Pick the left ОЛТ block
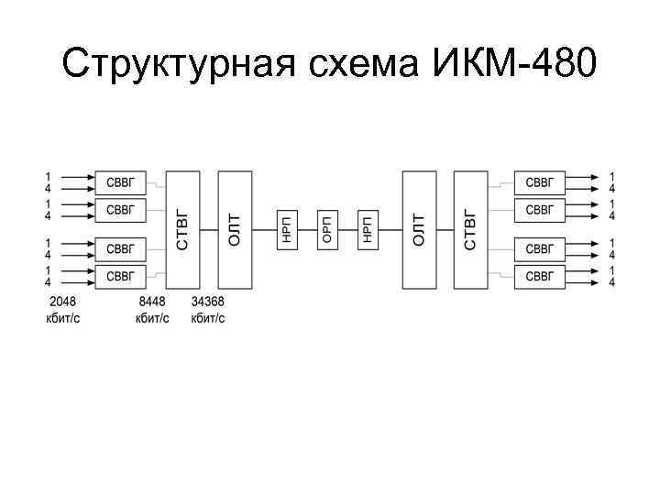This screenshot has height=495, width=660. (x=236, y=229)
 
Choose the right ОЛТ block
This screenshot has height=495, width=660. (x=419, y=229)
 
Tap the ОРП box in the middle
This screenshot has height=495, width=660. (x=327, y=229)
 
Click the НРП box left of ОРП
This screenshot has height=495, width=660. (x=287, y=229)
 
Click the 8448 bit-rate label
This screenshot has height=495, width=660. (x=152, y=302)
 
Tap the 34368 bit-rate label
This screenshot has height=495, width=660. (x=208, y=302)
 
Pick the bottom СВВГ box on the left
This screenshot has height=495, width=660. (x=121, y=276)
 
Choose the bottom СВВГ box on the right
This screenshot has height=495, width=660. (x=539, y=276)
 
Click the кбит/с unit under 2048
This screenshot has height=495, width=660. (x=62, y=318)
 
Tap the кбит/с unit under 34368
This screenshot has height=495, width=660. (x=208, y=318)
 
